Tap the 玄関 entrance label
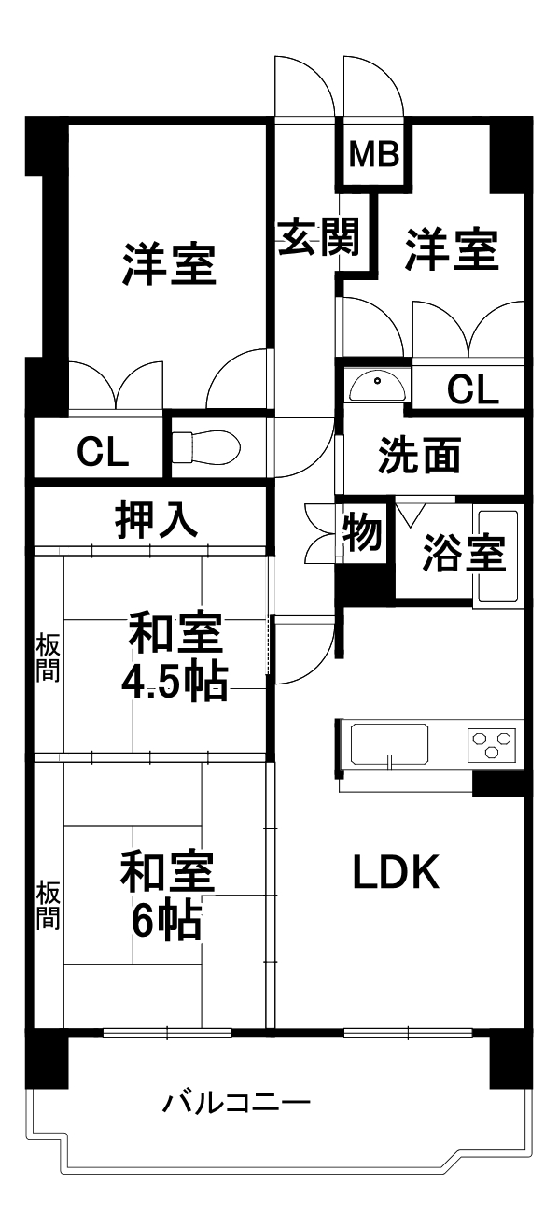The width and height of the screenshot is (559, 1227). point(318,236)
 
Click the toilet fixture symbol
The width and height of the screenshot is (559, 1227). point(205,446)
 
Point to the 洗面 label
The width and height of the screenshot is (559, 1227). point(420,455)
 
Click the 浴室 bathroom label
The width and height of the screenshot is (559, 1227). point(464,552)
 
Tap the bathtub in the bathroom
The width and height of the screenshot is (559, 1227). point(498,557)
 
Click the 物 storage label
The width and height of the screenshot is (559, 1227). point(362,533)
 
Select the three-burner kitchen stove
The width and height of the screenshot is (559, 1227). point(492,744)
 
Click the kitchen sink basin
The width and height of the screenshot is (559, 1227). point(389,743)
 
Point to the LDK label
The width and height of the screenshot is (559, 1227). point(396,871)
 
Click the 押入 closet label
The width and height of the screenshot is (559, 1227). point(156,519)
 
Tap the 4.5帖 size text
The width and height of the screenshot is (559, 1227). point(174,681)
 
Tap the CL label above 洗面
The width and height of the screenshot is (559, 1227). point(472,389)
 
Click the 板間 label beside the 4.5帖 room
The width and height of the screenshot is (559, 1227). point(48,658)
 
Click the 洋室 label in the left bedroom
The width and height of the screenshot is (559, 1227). point(169,264)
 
